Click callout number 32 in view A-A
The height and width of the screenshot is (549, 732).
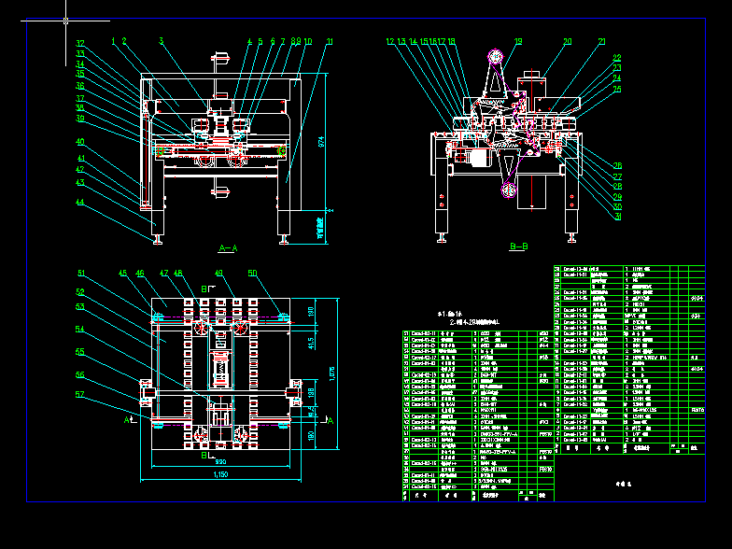pos(80,43)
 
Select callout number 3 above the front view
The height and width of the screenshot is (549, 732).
pos(161,41)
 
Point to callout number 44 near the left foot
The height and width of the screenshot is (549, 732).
pos(80,202)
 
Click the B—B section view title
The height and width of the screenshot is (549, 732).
pos(518,247)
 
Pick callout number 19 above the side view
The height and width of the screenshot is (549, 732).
pos(518,42)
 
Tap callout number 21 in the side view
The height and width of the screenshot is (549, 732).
pos(601,42)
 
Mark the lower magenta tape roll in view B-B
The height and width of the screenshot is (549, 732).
pos(507,191)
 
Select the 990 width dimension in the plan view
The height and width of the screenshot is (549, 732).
pos(220,461)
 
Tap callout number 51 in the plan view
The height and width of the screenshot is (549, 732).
pos(81,274)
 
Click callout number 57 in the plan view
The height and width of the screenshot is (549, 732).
pos(80,395)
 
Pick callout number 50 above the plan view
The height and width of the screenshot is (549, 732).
pos(252,273)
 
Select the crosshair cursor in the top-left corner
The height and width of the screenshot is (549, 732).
pos(66,20)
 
